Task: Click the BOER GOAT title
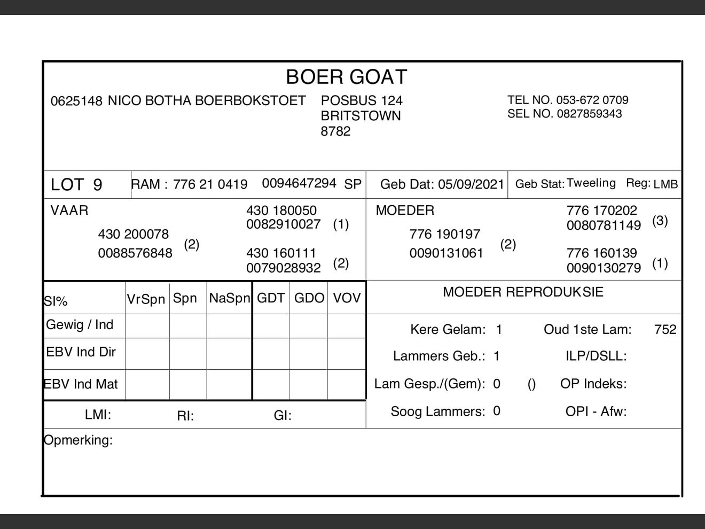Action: coord(346,77)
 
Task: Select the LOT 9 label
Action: coord(76,184)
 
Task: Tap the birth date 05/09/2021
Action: coord(471,184)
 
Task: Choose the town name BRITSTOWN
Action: coord(361,116)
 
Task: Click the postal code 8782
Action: coord(335,131)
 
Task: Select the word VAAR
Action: coord(69,211)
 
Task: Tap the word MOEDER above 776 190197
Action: coord(405,211)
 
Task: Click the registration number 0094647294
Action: coord(299,183)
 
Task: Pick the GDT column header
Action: coord(270,298)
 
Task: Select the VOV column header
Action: coord(347,298)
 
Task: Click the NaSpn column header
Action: coord(229,298)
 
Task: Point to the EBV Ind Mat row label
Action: coord(81,384)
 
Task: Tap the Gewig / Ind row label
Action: coord(80,325)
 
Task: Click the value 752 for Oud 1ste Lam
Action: coord(665,329)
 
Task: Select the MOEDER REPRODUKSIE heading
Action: coord(523,292)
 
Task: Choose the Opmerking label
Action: coord(78,440)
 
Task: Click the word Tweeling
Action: coord(591,183)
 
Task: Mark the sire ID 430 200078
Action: coord(133,234)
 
